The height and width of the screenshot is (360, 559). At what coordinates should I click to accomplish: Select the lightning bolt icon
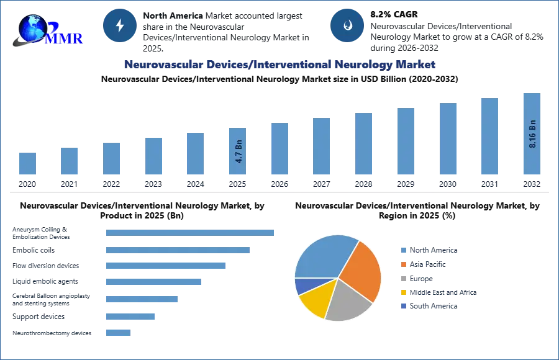(120, 25)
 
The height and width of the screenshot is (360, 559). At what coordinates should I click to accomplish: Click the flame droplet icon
(347, 25)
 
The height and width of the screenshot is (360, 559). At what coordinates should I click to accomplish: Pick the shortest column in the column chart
(27, 163)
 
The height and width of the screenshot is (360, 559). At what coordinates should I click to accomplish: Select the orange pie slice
(362, 269)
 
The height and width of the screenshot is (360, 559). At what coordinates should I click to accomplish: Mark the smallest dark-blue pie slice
(304, 286)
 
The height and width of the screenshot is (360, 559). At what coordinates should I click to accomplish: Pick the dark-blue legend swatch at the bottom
(403, 307)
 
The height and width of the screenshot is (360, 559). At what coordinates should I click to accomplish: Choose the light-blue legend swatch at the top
(403, 250)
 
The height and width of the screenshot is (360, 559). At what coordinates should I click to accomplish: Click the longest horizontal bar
(191, 233)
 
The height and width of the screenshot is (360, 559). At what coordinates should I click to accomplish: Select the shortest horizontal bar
(119, 333)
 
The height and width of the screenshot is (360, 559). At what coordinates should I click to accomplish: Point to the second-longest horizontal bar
(179, 249)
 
